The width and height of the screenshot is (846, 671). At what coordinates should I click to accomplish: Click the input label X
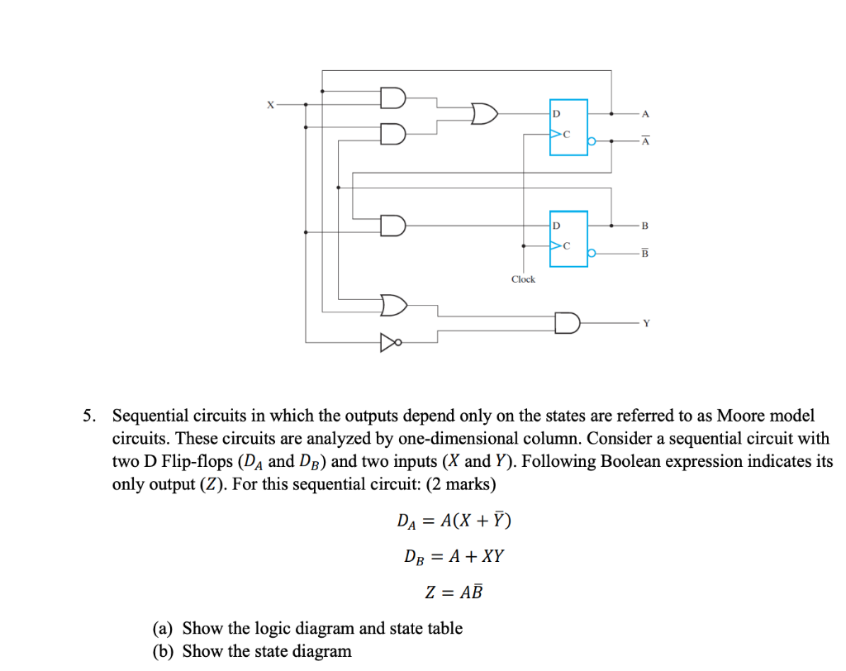click(x=268, y=104)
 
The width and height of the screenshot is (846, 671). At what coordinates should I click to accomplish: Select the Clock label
click(x=523, y=279)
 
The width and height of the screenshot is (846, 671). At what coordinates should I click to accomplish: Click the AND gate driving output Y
click(x=568, y=322)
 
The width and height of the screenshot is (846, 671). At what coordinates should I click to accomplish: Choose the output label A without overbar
click(x=645, y=113)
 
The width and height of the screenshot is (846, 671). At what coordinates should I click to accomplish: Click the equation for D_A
click(x=454, y=521)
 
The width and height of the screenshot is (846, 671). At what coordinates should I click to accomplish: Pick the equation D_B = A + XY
click(x=454, y=556)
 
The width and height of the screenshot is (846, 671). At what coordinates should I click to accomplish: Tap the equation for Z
click(x=454, y=592)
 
